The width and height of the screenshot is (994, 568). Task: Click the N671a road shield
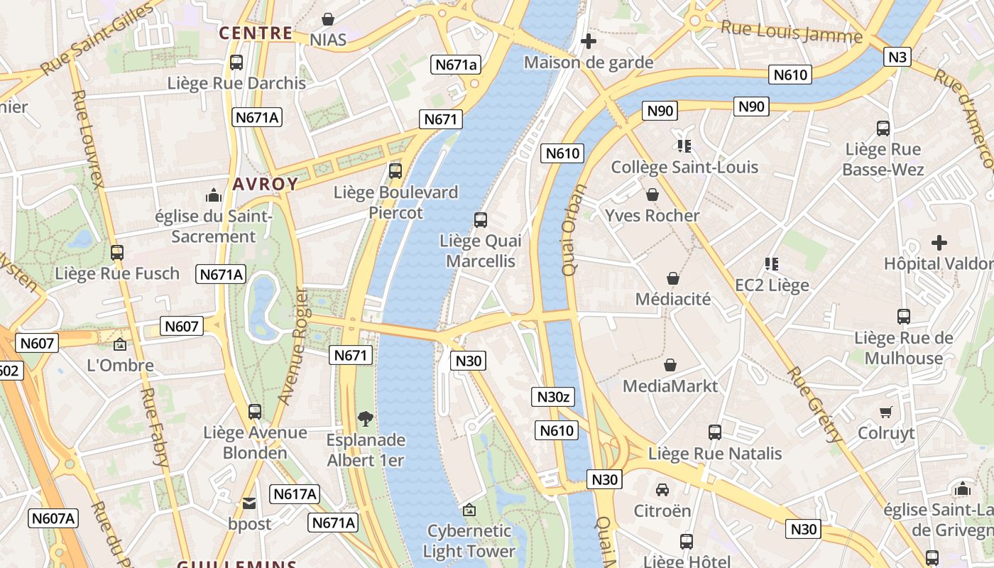(x=456, y=65)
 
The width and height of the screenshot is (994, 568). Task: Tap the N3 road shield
(x=897, y=57)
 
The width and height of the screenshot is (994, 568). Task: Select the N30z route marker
(x=552, y=397)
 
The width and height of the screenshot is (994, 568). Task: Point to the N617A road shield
(x=295, y=494)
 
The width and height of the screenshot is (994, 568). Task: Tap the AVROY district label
(x=266, y=185)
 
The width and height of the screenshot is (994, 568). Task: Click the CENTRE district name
(x=256, y=33)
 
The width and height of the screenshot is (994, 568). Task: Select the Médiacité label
(x=672, y=299)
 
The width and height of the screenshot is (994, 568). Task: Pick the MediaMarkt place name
(x=670, y=386)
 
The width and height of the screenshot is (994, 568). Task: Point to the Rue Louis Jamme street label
(x=791, y=33)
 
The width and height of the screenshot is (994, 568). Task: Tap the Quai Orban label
(x=572, y=230)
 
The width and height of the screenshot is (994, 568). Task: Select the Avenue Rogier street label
(x=293, y=346)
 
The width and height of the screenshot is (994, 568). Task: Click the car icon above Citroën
(x=662, y=490)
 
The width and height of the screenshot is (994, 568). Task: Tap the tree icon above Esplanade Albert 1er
(x=365, y=419)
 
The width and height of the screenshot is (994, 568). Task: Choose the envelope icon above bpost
(x=249, y=503)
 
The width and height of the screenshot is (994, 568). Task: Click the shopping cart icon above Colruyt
(x=885, y=412)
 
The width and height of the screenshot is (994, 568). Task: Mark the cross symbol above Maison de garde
(x=588, y=41)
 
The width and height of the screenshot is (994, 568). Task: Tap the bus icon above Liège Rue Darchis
(x=236, y=62)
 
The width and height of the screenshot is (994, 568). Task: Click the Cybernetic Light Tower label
(x=469, y=541)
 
